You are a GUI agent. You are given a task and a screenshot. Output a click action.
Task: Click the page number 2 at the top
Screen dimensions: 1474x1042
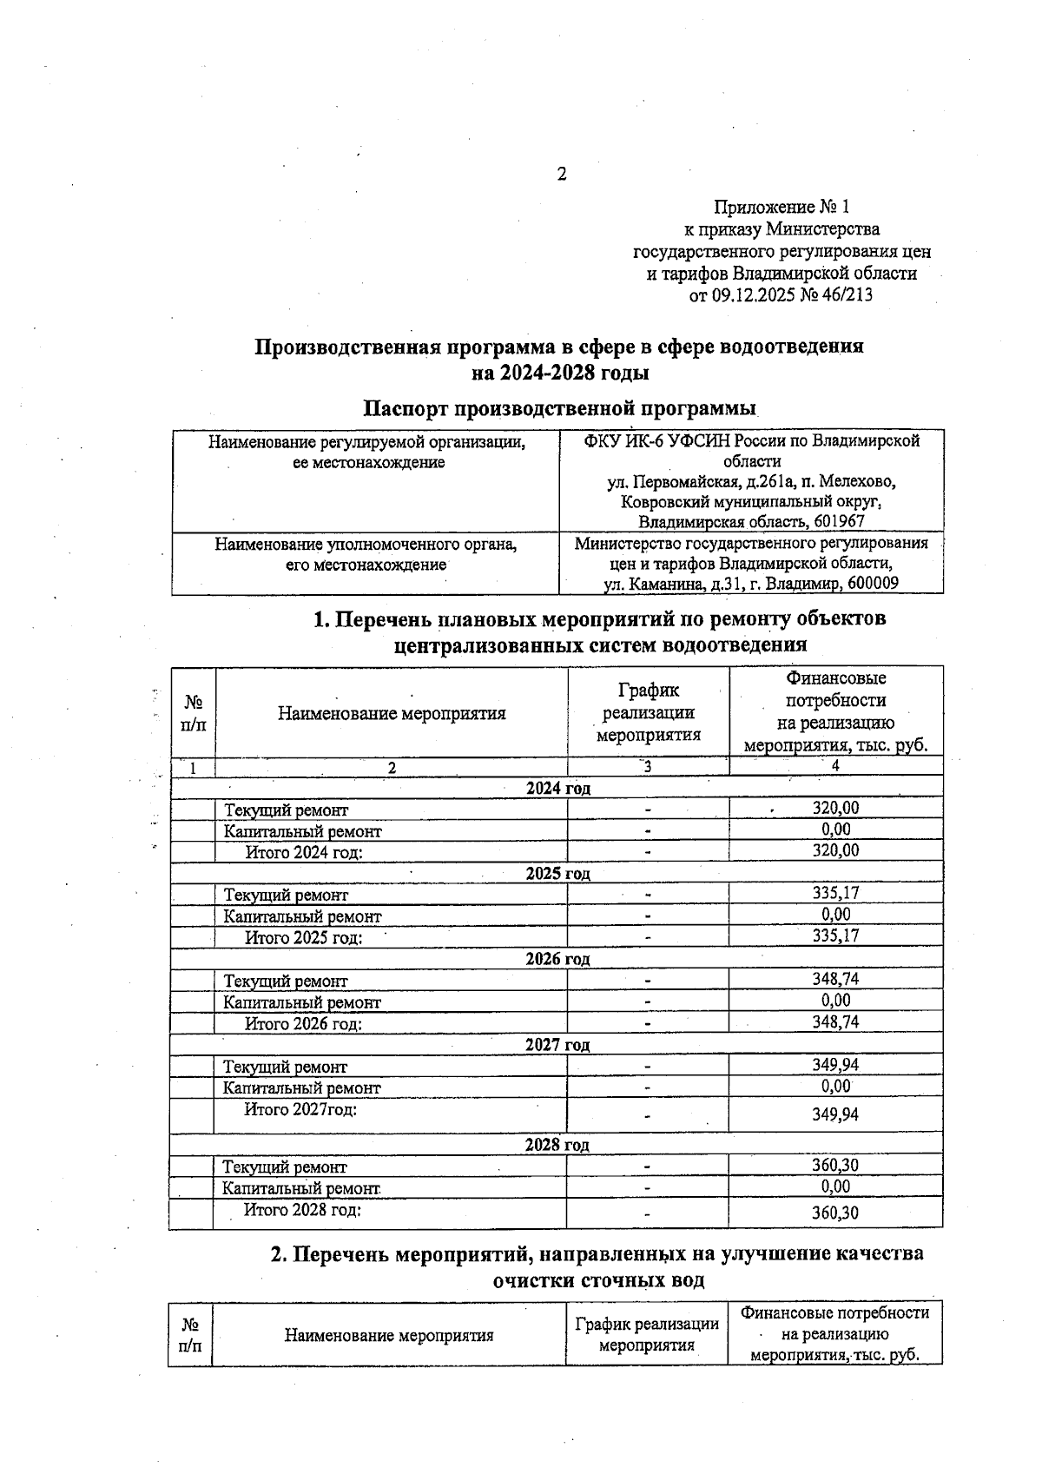[x=561, y=175]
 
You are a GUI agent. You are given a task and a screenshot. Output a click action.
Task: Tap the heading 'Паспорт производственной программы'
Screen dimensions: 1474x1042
[x=559, y=408]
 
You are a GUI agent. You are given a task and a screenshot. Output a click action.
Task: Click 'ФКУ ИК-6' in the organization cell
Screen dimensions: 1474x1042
[x=623, y=441]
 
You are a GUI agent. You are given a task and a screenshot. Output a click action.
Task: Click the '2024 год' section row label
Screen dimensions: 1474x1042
[x=557, y=789]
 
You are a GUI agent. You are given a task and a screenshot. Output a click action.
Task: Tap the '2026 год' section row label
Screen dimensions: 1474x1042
[x=557, y=960]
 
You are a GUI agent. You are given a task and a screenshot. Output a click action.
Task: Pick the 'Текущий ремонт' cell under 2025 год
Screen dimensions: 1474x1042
[x=286, y=895]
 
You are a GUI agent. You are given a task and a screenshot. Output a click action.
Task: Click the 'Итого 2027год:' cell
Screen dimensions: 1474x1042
[x=300, y=1109]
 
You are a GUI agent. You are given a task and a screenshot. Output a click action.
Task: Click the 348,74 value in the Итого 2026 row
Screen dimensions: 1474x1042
[x=835, y=1022]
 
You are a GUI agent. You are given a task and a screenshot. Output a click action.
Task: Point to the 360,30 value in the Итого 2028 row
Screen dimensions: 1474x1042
[x=835, y=1213]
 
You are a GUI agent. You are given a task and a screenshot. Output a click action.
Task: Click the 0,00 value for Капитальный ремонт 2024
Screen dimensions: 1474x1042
[x=836, y=830]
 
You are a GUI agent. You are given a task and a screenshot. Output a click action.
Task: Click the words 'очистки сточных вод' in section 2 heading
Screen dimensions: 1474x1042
[x=598, y=1280]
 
